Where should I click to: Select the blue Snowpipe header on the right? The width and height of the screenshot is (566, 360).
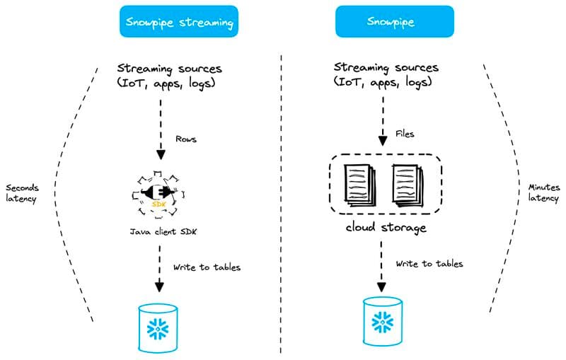tap(384, 22)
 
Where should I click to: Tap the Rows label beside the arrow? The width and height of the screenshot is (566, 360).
tap(185, 139)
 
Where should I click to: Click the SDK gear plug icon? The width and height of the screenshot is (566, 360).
tap(159, 192)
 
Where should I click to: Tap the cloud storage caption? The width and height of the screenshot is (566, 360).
tap(385, 227)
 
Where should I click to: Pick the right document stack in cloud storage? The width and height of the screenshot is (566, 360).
tap(408, 186)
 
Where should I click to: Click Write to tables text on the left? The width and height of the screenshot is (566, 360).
tap(207, 267)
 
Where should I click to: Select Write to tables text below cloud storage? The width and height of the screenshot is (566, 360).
tap(429, 264)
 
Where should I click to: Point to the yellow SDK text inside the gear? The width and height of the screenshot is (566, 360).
tap(159, 203)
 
